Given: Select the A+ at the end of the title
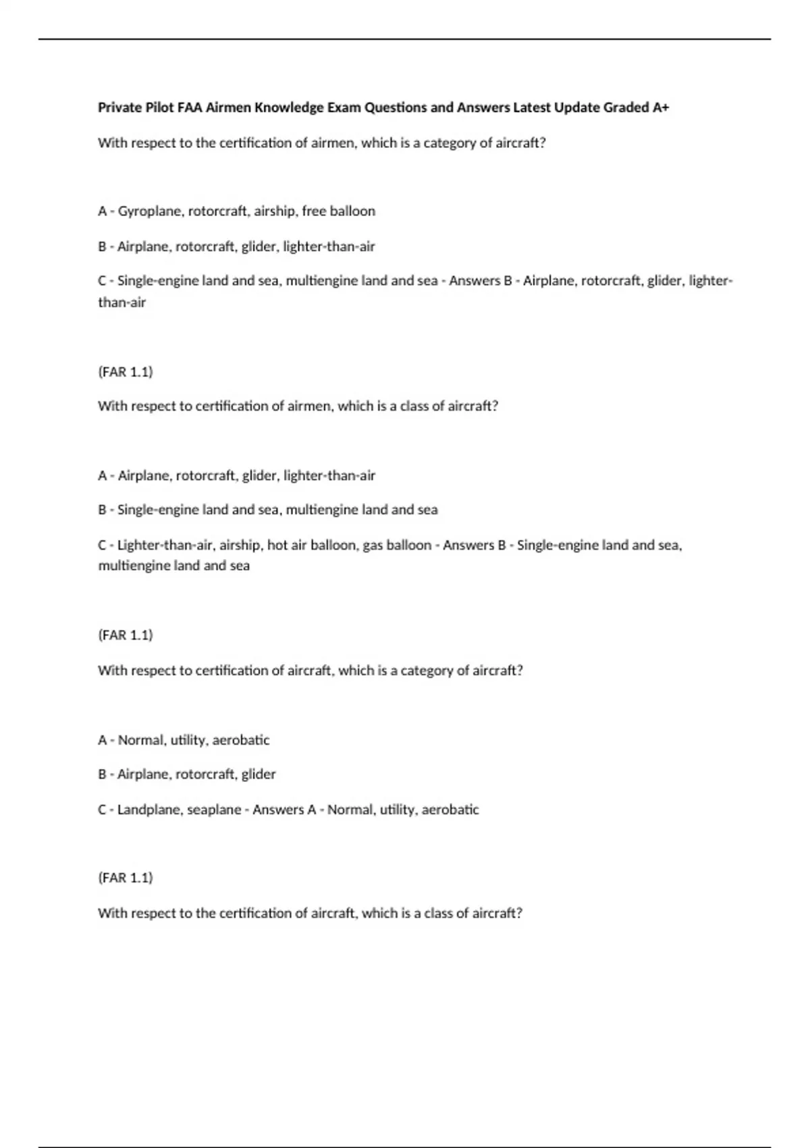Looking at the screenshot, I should [x=661, y=107].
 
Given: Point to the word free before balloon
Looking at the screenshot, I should [x=314, y=211].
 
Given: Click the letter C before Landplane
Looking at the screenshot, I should [x=102, y=810].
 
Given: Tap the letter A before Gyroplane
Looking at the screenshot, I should [x=102, y=211].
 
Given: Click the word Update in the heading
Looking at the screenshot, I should [x=576, y=107].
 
